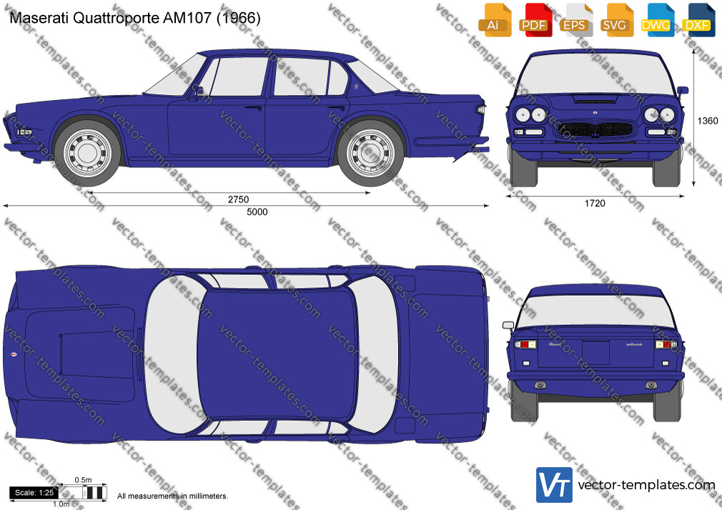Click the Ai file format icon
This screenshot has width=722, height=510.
click(495, 20)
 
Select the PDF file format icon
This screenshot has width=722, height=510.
click(535, 20)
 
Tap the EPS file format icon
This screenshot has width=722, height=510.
click(575, 20)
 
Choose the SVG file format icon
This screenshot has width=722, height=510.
click(616, 20)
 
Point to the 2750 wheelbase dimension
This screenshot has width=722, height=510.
click(238, 199)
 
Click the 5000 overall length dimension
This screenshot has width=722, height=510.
click(257, 211)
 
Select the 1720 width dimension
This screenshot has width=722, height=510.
click(595, 203)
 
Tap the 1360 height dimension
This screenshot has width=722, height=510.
click(707, 121)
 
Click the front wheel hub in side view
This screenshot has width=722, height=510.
click(87, 153)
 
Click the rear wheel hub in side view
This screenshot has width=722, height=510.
click(370, 153)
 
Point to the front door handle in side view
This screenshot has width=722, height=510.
click(253, 108)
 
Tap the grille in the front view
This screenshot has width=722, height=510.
click(595, 130)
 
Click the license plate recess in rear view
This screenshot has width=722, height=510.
click(595, 353)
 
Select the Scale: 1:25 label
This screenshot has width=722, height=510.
click(34, 493)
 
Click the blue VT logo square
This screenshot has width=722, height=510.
click(555, 485)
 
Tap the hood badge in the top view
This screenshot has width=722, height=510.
click(12, 354)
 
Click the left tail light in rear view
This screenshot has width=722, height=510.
click(525, 344)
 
